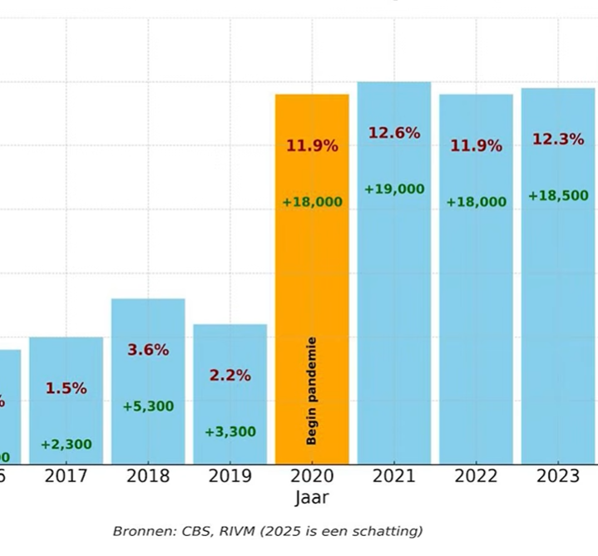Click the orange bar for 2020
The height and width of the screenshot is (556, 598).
312,249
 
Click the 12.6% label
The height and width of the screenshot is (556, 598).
394,133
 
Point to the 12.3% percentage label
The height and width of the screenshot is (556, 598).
558,140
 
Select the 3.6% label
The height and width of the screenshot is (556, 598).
148,350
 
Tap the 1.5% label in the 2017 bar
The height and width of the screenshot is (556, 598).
66,388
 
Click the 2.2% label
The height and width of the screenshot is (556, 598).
230,376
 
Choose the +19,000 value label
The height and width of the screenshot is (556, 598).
394,189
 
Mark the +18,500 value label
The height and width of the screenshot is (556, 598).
558,196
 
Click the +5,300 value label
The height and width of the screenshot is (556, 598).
148,406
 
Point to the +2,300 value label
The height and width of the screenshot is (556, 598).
66,445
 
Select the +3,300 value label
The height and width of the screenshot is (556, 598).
230,432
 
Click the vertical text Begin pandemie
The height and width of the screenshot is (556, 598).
313,391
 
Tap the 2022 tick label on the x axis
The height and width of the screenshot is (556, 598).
477,476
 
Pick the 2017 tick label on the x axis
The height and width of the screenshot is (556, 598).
66,476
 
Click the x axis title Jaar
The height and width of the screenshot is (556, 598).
312,499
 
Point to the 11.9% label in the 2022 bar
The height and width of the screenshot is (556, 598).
477,146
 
